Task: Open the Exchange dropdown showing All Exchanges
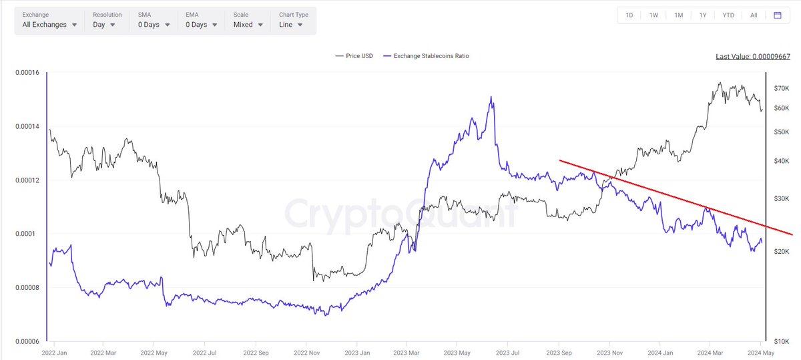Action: click(x=49, y=25)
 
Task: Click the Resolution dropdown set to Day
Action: click(x=104, y=25)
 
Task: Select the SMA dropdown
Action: click(x=154, y=25)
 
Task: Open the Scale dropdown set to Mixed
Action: click(x=248, y=25)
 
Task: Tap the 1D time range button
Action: click(x=629, y=15)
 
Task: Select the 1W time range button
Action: click(x=653, y=15)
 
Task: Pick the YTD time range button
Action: click(x=728, y=15)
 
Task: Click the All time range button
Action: click(x=753, y=15)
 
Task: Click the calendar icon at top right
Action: click(x=778, y=15)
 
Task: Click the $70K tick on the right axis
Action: click(x=782, y=88)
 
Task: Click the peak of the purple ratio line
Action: click(x=491, y=97)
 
